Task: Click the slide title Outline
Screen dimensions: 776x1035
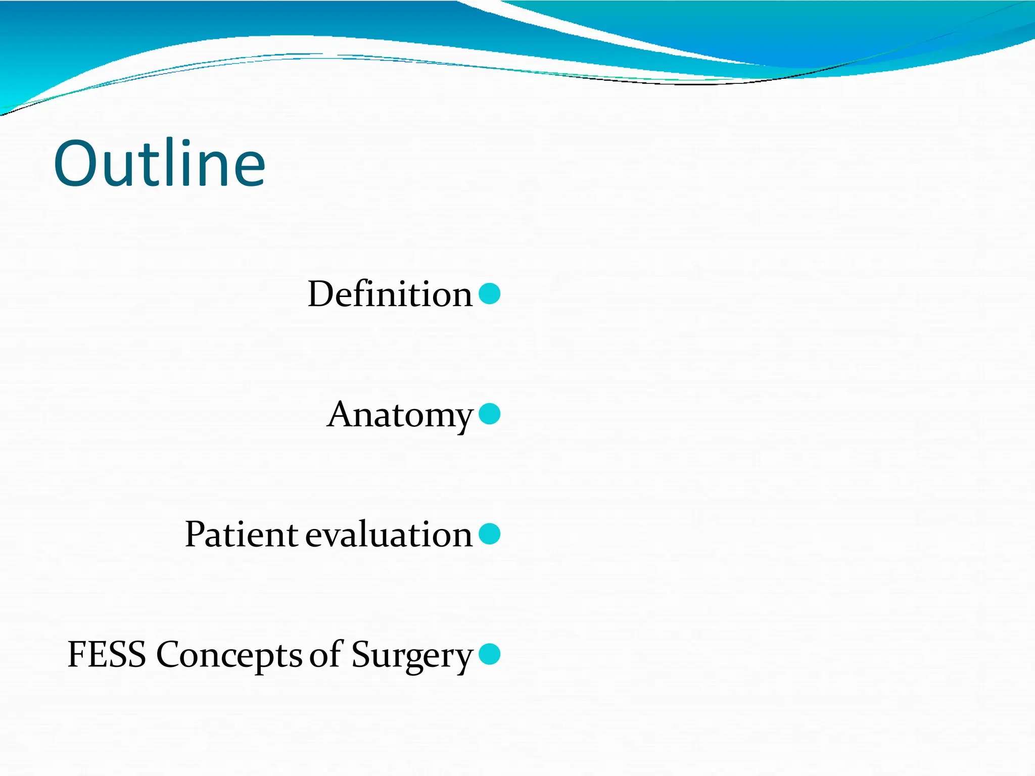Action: click(159, 164)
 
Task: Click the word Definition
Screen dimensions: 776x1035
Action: click(390, 294)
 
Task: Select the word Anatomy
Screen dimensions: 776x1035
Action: click(400, 415)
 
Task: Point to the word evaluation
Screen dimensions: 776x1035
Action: click(389, 535)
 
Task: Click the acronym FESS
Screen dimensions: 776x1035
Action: click(107, 655)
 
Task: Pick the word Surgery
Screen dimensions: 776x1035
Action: click(412, 656)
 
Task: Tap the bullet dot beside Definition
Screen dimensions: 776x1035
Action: click(489, 294)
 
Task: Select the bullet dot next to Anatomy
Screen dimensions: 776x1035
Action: click(489, 414)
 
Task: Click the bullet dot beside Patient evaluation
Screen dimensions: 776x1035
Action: click(489, 534)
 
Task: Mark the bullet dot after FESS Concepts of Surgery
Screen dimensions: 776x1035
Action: click(489, 654)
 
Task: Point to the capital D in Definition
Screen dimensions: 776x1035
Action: click(321, 294)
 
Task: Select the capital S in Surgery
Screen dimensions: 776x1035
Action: click(360, 655)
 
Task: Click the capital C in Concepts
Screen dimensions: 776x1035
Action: click(169, 655)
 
